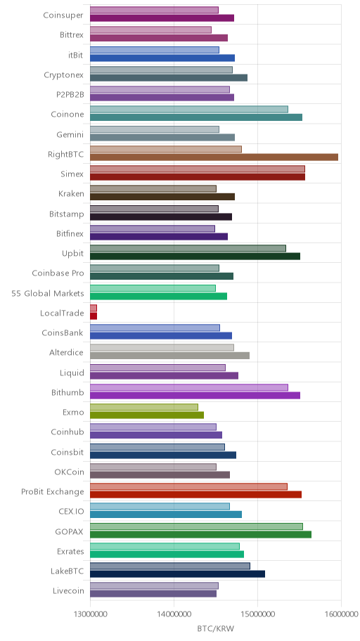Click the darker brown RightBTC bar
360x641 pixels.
pos(214,157)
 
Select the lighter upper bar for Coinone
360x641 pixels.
pos(189,109)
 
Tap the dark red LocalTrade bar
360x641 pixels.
pos(94,316)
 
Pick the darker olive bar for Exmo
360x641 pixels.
pos(147,415)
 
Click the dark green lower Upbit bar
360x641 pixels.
pos(195,257)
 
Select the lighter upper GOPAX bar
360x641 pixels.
pos(196,526)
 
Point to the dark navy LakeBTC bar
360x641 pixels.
pos(178,574)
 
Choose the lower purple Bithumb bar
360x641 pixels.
pos(195,395)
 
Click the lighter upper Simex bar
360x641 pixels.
pos(198,169)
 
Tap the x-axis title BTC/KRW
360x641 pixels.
pos(216,628)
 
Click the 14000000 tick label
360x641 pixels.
pos(174,614)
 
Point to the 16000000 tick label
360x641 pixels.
pos(341,614)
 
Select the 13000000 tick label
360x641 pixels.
pos(90,614)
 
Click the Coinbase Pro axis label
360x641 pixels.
pos(58,273)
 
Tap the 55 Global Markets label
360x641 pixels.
pos(48,293)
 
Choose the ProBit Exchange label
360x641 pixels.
pos(52,491)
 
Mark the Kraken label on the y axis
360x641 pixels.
pos(71,193)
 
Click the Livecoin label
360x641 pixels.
pos(68,590)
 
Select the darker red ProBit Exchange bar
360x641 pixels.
pos(196,495)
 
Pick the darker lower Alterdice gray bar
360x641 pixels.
pos(169,356)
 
